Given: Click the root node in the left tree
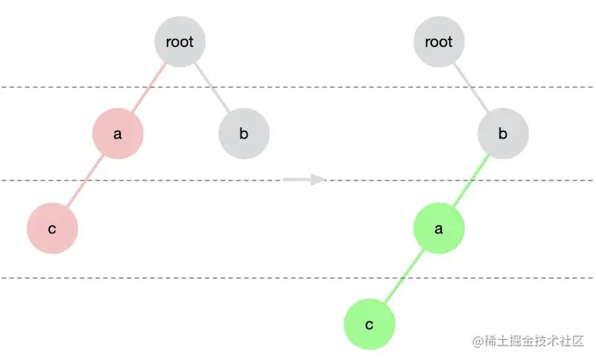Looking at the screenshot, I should (180, 42).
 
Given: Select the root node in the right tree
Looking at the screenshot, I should (439, 42).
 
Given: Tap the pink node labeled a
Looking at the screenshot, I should (118, 134).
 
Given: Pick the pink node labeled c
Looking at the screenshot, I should (52, 228).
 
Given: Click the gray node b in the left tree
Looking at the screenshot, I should (244, 134).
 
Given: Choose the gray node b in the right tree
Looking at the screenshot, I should (503, 134).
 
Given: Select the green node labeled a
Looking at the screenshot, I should (439, 228).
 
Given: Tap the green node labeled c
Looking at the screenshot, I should (369, 325).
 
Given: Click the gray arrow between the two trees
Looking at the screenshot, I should (304, 179).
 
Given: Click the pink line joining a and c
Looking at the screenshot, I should (85, 181).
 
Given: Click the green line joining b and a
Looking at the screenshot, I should (471, 181).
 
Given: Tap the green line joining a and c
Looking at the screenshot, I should (404, 277).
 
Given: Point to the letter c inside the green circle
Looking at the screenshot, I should (369, 326).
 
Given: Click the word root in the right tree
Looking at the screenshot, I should (439, 42).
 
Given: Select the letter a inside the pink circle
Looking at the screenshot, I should (118, 135).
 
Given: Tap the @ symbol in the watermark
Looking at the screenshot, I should (478, 341).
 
